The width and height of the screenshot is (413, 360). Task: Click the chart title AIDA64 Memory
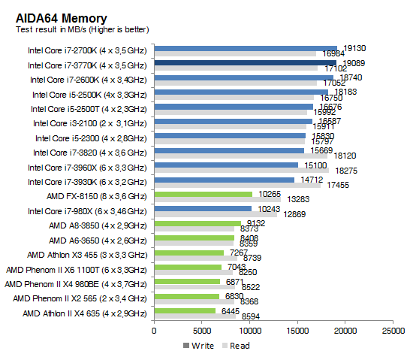61,17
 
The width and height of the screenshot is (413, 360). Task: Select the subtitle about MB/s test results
83,29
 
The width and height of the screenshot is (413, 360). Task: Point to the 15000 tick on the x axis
297,330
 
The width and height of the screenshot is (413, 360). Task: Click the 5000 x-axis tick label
202,330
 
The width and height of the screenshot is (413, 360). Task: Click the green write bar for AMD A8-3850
197,223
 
